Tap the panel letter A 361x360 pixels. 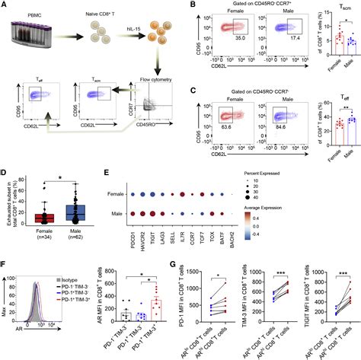(x=5, y=5)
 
